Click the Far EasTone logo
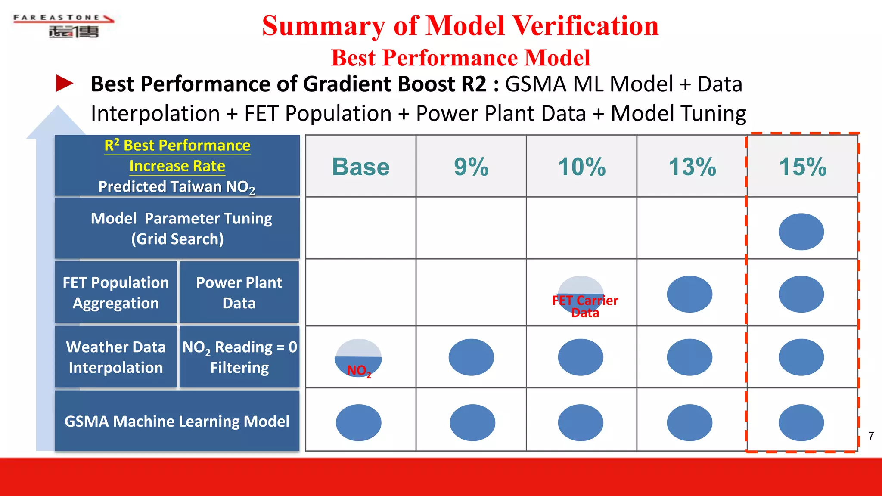64,26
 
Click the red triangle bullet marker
65,84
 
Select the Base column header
360,167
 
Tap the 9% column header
471,167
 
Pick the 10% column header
582,167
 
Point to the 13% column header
692,167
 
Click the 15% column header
803,167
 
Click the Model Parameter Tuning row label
177,228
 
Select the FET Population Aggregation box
116,293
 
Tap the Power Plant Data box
239,293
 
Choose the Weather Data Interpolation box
116,357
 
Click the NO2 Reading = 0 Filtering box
239,357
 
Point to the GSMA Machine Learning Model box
177,421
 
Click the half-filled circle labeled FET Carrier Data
581,294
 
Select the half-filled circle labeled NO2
358,357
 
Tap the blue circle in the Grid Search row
801,232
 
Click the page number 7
871,436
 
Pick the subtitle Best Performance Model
460,58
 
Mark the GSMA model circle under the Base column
358,422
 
